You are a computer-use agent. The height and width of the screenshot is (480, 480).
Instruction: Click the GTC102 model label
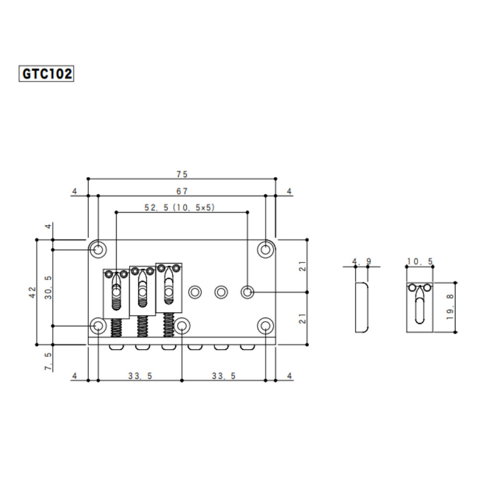[x=46, y=73]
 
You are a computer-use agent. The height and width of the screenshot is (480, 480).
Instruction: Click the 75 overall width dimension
[x=182, y=174]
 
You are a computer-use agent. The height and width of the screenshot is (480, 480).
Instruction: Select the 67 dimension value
[x=182, y=192]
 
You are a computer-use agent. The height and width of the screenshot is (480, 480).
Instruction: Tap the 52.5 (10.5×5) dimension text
[x=180, y=207]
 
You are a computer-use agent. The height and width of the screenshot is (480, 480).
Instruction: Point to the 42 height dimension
[x=33, y=292]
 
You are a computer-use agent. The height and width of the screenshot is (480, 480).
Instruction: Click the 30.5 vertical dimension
[x=48, y=288]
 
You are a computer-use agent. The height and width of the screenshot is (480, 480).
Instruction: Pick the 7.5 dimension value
[x=48, y=361]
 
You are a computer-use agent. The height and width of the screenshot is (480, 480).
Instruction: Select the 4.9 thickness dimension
[x=361, y=262]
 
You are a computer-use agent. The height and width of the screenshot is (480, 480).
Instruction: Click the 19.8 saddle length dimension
[x=450, y=307]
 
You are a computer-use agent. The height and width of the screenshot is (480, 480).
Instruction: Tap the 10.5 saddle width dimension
[x=420, y=262]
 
